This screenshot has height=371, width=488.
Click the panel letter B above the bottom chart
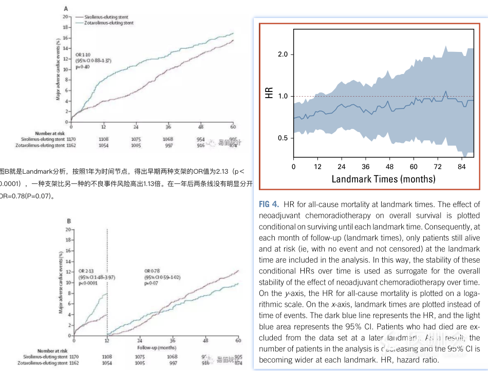pyautogui.click(x=69, y=221)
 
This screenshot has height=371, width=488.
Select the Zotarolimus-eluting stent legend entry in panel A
pyautogui.click(x=109, y=23)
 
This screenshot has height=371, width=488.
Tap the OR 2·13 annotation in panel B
pyautogui.click(x=87, y=270)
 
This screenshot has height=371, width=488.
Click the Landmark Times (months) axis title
pyautogui.click(x=383, y=179)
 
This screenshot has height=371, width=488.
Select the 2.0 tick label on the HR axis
pyautogui.click(x=281, y=54)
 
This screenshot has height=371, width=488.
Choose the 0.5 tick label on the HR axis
pyautogui.click(x=281, y=138)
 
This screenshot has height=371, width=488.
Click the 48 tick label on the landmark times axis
pyautogui.click(x=389, y=167)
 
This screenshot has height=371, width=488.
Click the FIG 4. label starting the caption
pyautogui.click(x=270, y=205)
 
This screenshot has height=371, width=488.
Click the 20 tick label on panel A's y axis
pyautogui.click(x=65, y=16)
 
